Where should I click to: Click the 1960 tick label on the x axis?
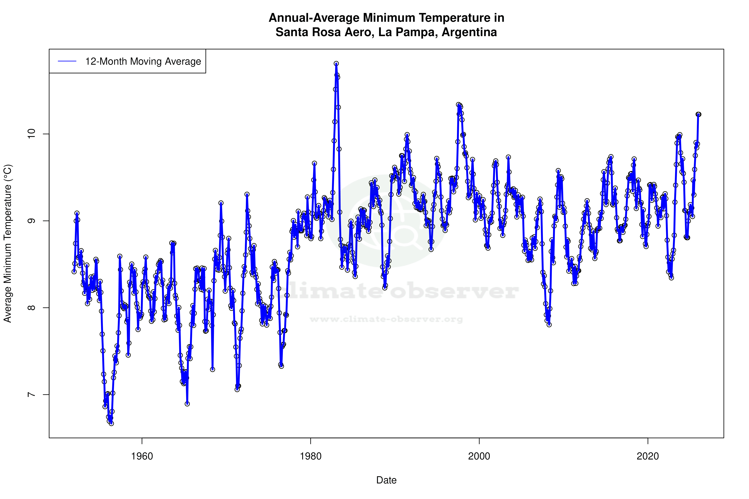coord(142,456)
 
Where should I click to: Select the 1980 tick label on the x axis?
coord(311,456)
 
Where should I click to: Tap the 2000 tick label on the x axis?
coord(479,456)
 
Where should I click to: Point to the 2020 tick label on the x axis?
coord(647,456)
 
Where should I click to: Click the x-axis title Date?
coord(386,480)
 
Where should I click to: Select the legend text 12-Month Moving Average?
coord(143,61)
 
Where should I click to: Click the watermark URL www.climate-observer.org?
coord(386,319)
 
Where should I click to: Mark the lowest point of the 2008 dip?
coord(549,325)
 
